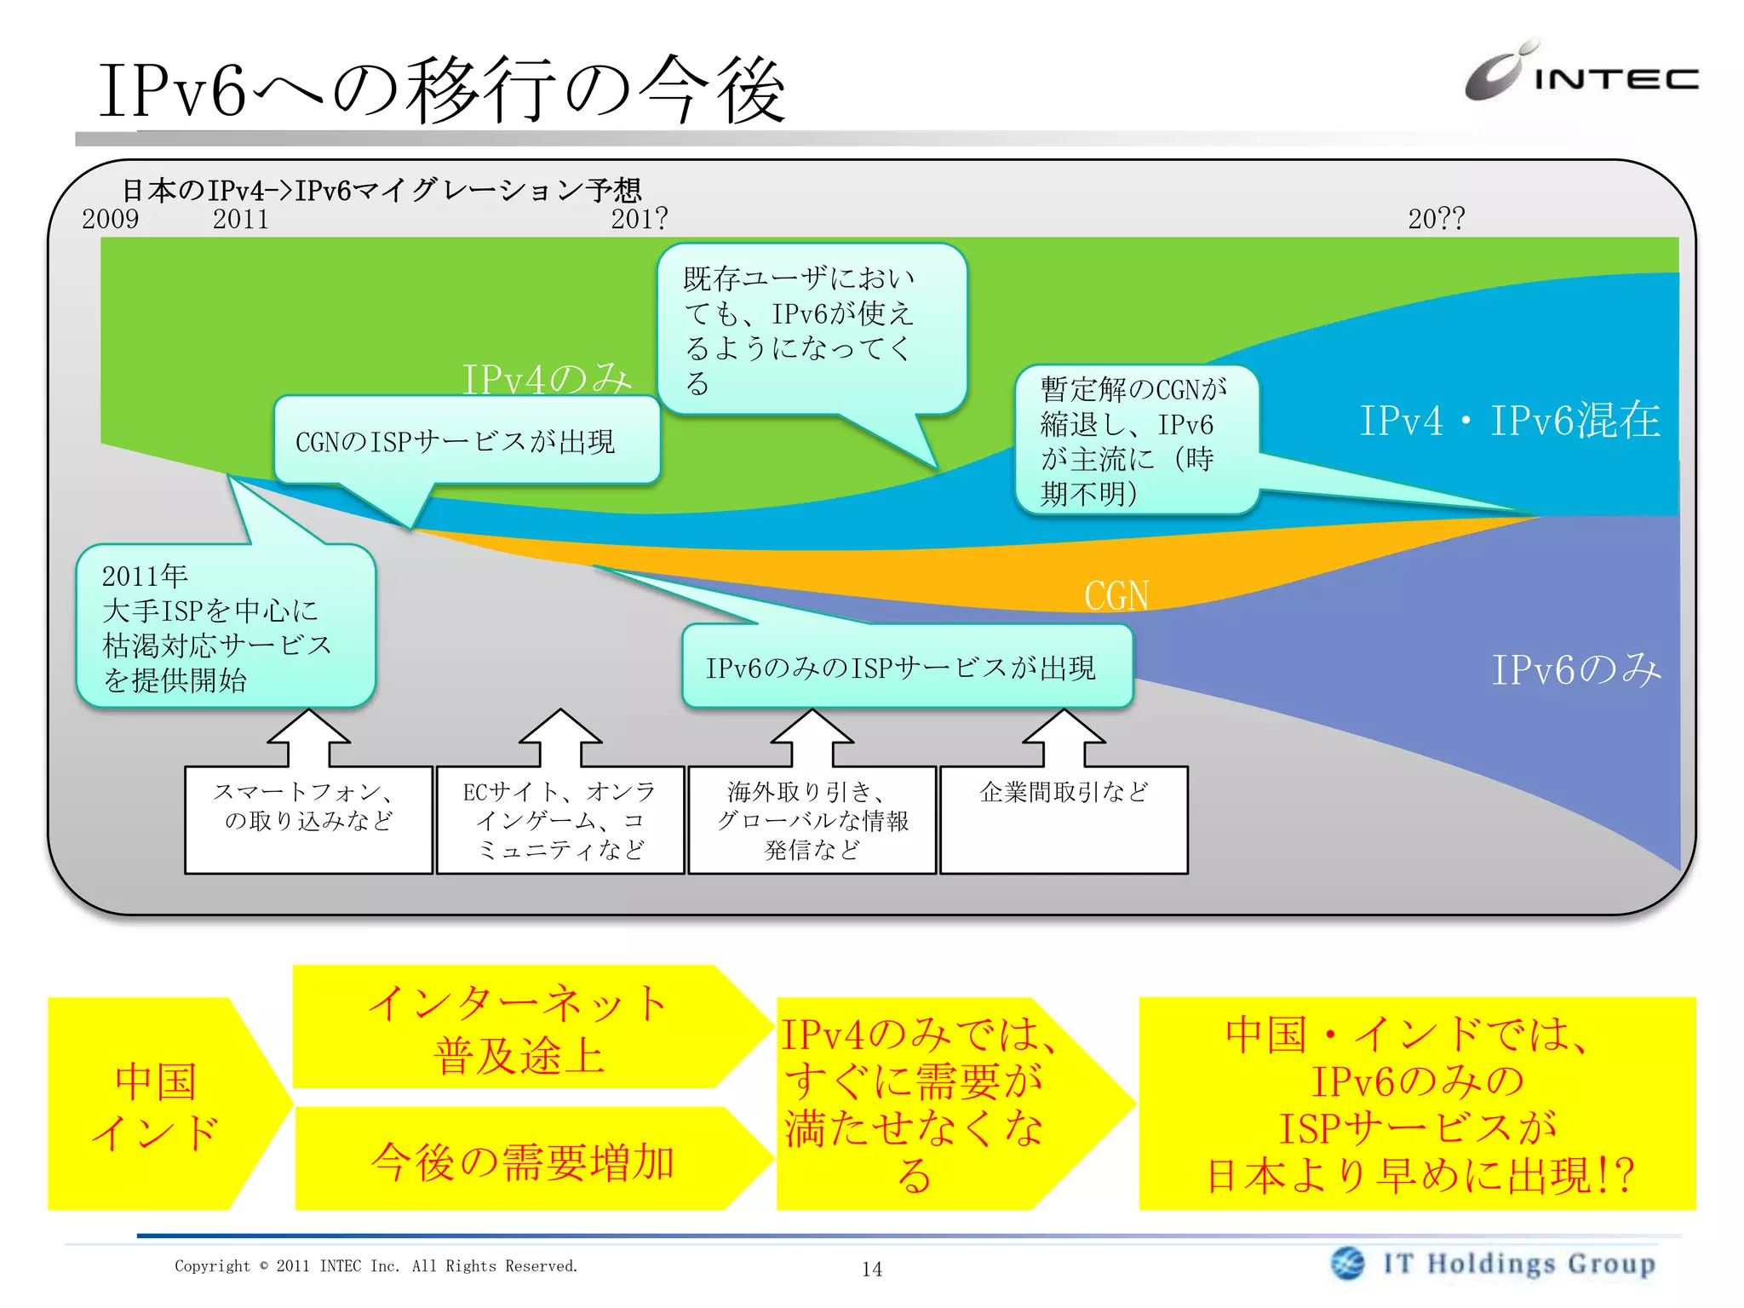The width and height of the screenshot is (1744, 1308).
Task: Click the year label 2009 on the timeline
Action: point(111,219)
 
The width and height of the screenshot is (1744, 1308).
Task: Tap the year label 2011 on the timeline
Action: point(240,219)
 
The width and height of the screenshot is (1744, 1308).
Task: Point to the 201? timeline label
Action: point(639,219)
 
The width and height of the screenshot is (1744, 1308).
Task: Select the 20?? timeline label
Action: point(1436,219)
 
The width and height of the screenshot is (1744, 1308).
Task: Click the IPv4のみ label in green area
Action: point(547,379)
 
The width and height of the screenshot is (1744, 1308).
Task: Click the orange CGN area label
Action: point(1116,595)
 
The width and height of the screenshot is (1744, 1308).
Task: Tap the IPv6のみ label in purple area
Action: point(1575,669)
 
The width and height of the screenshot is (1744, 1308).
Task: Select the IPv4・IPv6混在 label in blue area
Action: point(1509,421)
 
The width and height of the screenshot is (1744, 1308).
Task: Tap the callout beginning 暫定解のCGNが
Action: point(1135,440)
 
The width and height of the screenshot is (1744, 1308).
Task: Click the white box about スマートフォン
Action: point(308,819)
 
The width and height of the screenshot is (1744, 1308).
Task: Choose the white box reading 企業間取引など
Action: point(1064,819)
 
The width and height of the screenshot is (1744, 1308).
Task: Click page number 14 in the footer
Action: point(872,1269)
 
